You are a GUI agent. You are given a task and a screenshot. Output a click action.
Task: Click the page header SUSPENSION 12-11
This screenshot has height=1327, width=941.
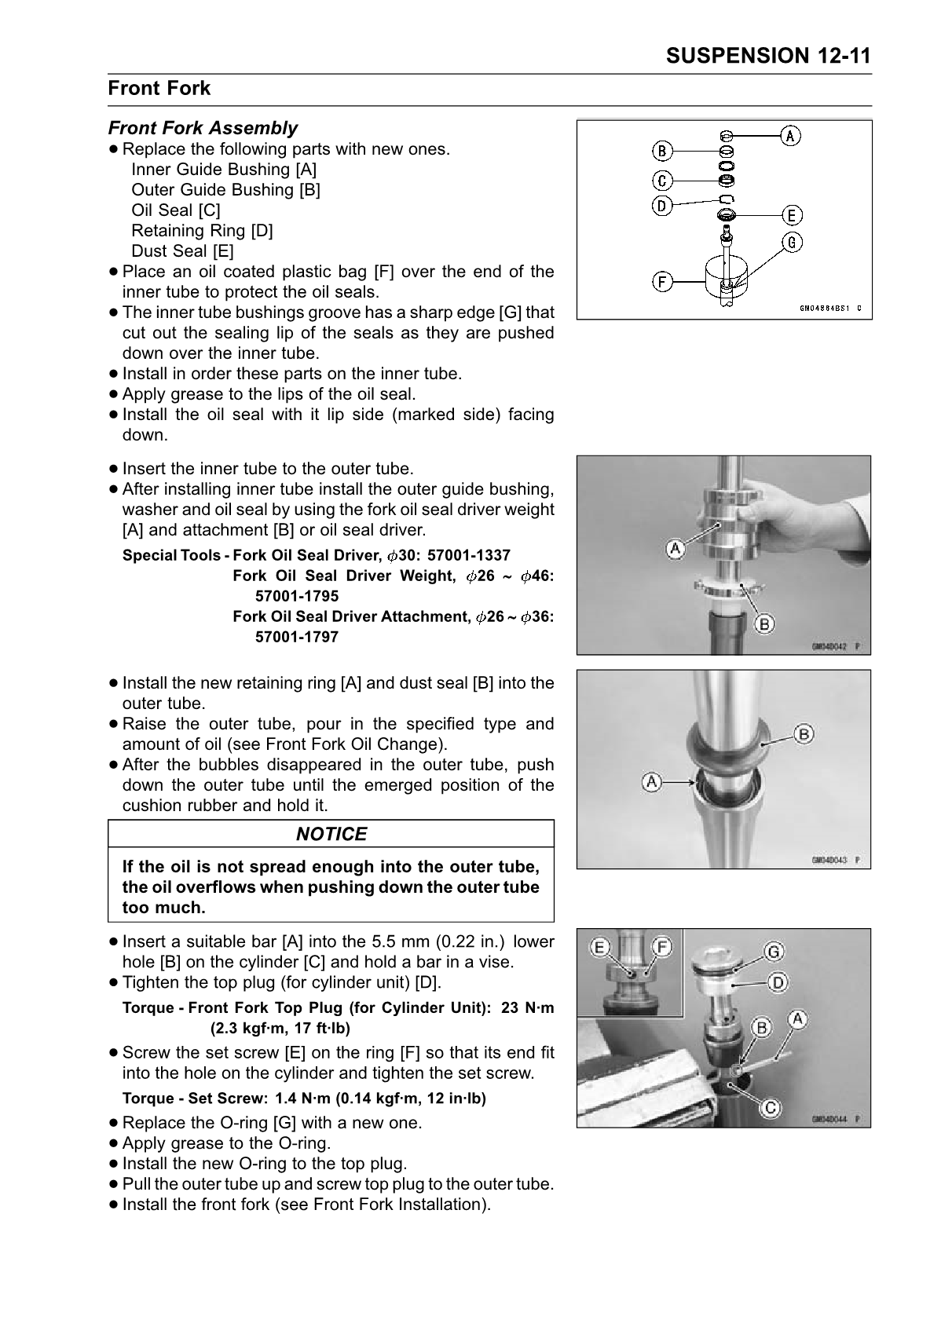click(x=767, y=56)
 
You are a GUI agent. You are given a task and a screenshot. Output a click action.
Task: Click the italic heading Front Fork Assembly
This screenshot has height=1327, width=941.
click(x=203, y=128)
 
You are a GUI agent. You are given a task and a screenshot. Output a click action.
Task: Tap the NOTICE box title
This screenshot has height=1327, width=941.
click(x=331, y=834)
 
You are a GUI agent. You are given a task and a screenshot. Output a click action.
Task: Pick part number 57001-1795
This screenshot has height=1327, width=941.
click(x=297, y=597)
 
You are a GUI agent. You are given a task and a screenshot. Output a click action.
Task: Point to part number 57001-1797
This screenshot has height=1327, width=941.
click(x=297, y=638)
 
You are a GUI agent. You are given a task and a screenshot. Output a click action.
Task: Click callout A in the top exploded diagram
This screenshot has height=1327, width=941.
click(x=790, y=136)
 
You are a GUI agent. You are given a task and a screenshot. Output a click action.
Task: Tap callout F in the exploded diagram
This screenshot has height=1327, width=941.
click(x=663, y=280)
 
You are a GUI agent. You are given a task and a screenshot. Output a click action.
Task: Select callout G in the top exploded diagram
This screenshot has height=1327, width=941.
click(x=792, y=243)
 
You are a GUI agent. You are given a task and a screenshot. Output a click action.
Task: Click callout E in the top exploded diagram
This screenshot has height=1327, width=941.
click(x=790, y=215)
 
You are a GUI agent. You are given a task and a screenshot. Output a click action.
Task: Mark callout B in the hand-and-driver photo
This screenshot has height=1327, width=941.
click(x=763, y=624)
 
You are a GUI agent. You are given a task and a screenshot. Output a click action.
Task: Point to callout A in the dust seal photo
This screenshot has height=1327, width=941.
click(x=651, y=782)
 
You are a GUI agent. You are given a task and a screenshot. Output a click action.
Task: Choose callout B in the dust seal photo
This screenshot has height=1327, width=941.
click(x=804, y=734)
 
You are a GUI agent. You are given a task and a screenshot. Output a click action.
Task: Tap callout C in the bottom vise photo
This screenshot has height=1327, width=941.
click(x=771, y=1108)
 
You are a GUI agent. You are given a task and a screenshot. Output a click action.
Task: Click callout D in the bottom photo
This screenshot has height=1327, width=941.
click(x=777, y=982)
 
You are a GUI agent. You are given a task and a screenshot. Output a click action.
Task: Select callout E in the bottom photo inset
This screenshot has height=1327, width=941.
click(x=599, y=948)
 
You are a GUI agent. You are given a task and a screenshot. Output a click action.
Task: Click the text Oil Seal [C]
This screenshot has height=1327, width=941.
click(x=176, y=210)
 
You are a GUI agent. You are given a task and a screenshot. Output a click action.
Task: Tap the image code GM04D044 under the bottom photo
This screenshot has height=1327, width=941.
click(x=829, y=1120)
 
